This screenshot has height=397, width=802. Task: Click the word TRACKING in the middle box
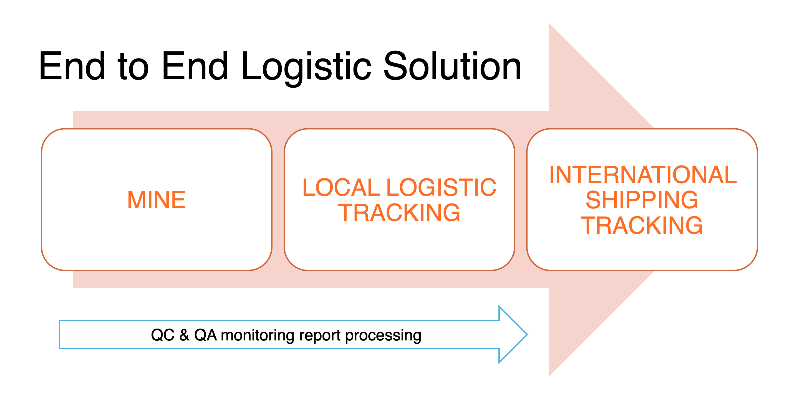(x=399, y=213)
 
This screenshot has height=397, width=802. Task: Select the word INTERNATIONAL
(x=643, y=175)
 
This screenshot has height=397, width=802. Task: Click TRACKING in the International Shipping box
(x=642, y=225)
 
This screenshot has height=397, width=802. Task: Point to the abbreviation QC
(x=163, y=335)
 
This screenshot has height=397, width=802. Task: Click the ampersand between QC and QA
(x=184, y=335)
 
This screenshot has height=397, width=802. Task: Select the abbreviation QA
(x=205, y=335)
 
